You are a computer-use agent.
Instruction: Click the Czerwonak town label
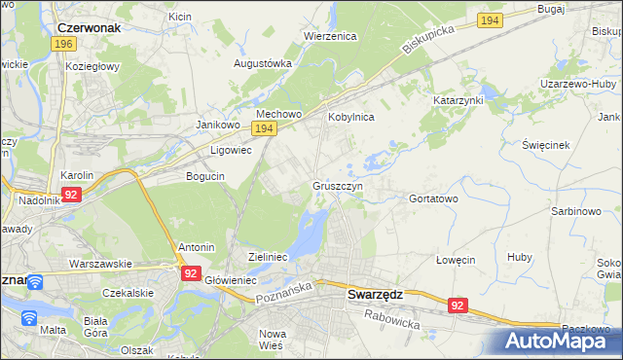coord(89,28)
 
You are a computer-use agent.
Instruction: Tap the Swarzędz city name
coord(377,294)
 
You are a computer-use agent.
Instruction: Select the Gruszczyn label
coord(338,185)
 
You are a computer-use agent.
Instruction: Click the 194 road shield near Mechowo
coord(263,128)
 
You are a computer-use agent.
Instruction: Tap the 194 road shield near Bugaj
coord(490,20)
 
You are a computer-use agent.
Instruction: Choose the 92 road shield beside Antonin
coord(190,274)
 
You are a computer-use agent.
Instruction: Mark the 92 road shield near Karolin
coord(70,195)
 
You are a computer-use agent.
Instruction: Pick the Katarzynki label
coord(458,100)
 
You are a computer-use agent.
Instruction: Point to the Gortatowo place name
coord(433,198)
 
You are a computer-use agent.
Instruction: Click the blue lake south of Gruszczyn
coord(313,234)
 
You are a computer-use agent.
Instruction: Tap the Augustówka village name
coord(263,63)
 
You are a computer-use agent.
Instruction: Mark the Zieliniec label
coord(267,256)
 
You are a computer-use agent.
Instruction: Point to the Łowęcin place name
coord(455,260)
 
